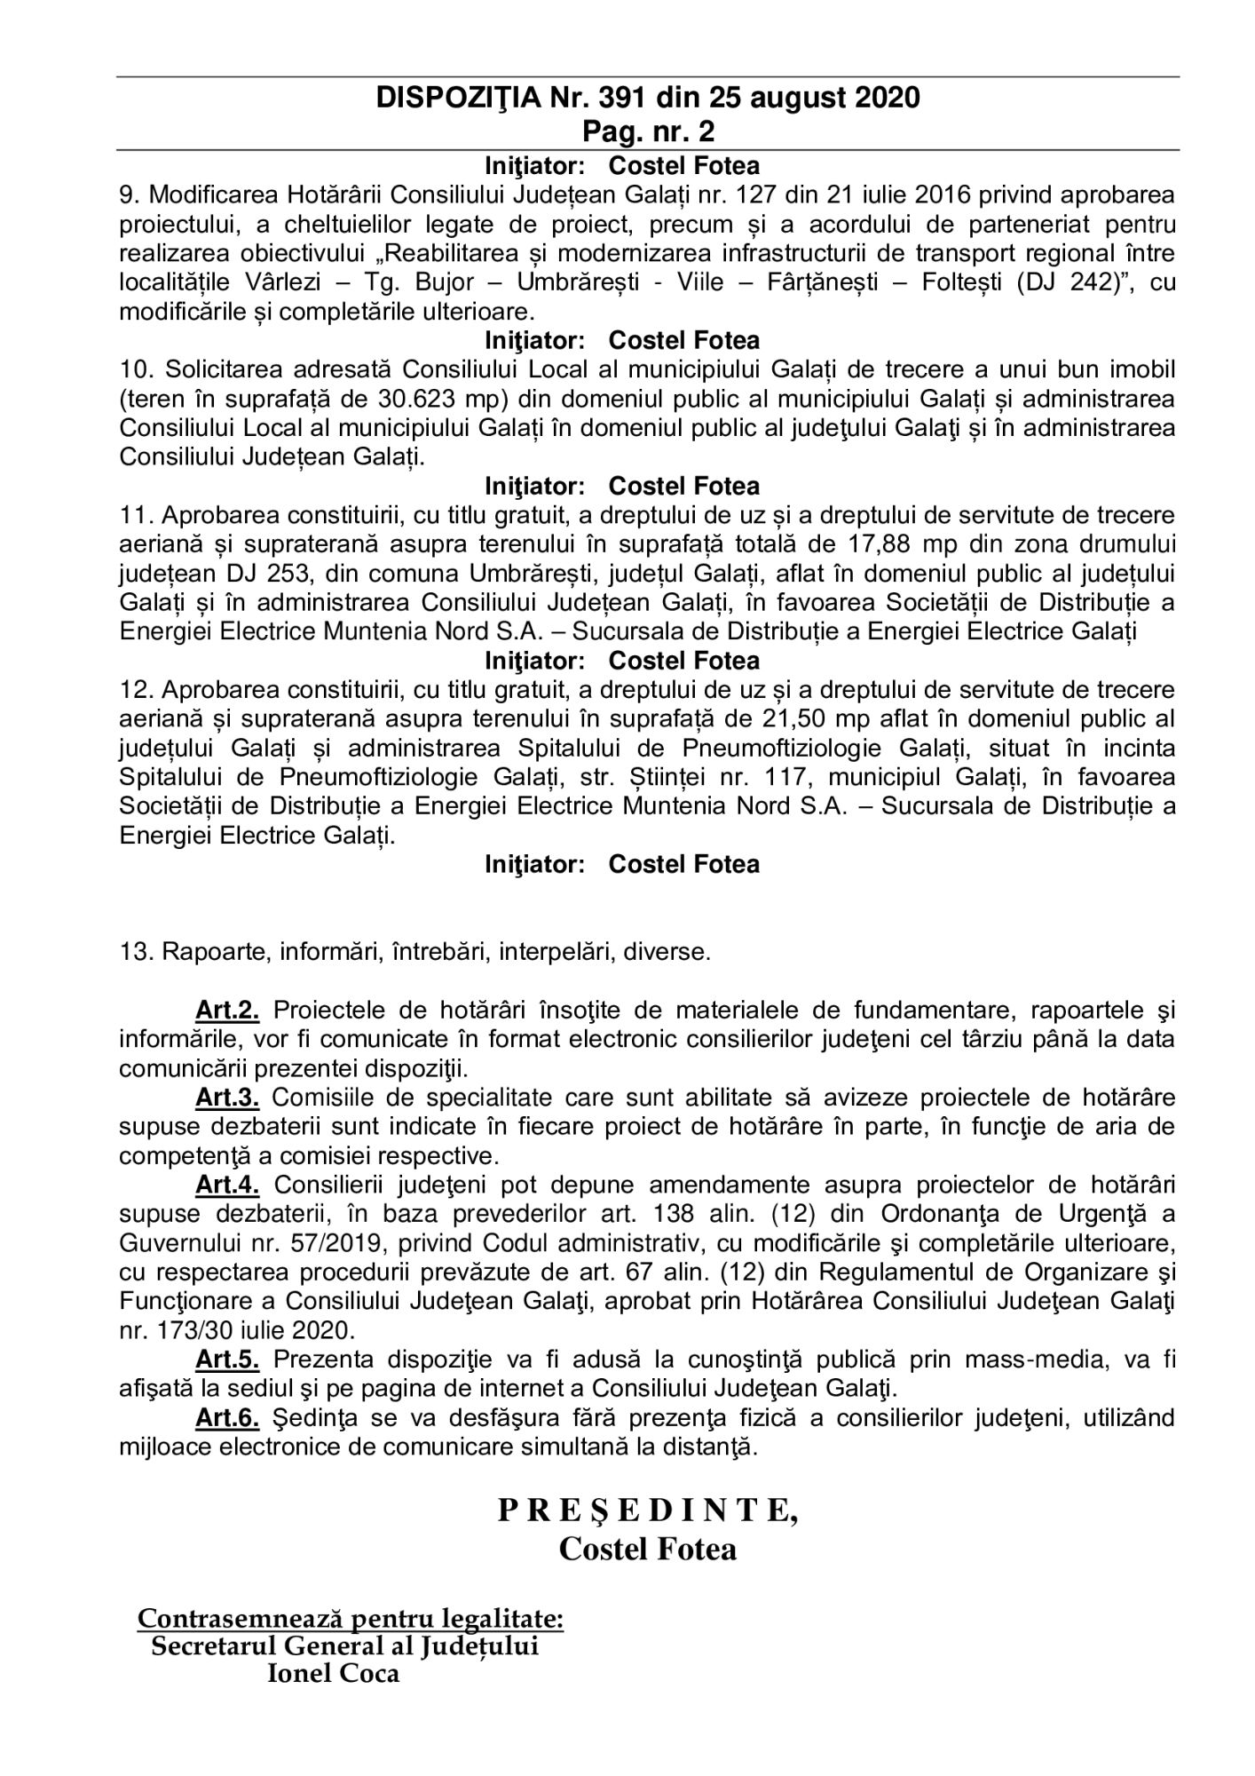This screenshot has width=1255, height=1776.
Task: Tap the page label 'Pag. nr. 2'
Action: (648, 131)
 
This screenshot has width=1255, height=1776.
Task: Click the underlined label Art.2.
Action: (227, 1011)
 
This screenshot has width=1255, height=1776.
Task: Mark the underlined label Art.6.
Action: (227, 1418)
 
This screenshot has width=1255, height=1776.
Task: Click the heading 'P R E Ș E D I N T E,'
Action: (647, 1510)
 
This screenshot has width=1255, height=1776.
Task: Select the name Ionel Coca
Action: (333, 1674)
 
